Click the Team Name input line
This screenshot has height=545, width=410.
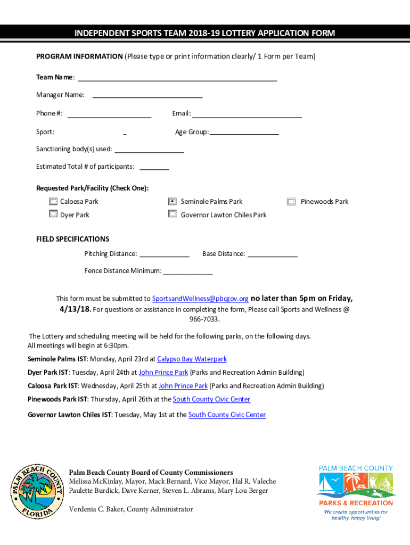coord(177,77)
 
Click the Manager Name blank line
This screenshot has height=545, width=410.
coord(147,95)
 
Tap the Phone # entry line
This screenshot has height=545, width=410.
coord(109,113)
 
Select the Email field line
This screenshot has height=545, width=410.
coord(247,113)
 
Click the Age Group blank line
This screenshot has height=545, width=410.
coord(244,132)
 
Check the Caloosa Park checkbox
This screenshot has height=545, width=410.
coord(53,202)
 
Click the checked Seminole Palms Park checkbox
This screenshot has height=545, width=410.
coord(173,202)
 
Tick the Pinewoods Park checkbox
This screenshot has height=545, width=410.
coord(291,202)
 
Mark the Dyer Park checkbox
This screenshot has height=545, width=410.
coord(53,214)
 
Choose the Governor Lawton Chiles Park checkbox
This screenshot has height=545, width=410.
coord(173,214)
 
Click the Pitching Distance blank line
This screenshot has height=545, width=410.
coord(164,254)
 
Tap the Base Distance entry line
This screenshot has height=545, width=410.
coord(273,254)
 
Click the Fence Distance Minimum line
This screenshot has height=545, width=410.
coord(187,271)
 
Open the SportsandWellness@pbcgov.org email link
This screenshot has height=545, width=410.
coord(200,299)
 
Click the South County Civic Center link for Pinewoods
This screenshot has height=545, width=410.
coord(211,399)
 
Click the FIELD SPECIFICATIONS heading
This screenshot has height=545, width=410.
coord(72,239)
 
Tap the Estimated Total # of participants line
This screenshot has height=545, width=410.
coord(154,167)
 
